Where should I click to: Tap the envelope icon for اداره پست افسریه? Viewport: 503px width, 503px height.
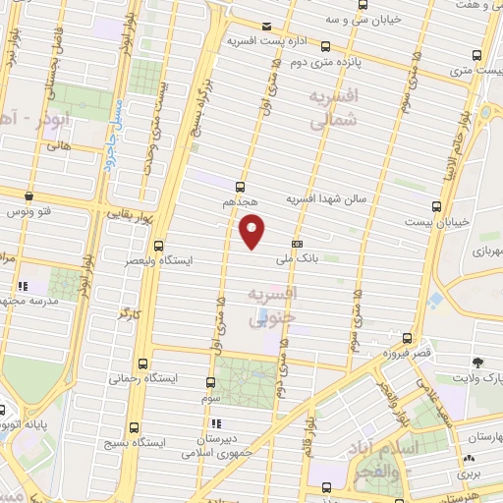pyautogui.click(x=267, y=27)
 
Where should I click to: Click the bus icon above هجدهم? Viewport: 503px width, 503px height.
pyautogui.click(x=242, y=185)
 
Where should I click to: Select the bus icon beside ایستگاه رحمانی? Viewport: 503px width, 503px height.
pyautogui.click(x=144, y=363)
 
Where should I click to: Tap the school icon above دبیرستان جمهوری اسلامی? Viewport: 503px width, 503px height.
pyautogui.click(x=212, y=424)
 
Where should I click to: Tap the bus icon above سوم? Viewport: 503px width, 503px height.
pyautogui.click(x=211, y=383)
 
